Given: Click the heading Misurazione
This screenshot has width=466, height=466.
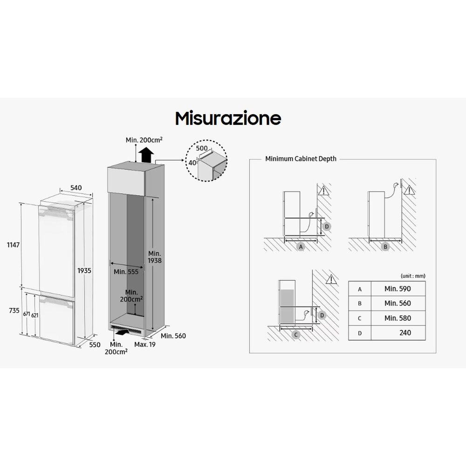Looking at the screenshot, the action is [x=228, y=118].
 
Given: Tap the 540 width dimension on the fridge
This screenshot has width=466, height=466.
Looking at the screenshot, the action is [x=76, y=188].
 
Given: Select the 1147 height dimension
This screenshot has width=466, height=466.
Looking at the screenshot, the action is [x=14, y=245].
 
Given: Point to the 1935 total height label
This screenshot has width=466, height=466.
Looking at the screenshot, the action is [x=84, y=271].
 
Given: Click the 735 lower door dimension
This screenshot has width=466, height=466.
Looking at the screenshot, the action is [x=14, y=310].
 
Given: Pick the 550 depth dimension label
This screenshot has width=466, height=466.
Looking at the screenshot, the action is [x=95, y=345].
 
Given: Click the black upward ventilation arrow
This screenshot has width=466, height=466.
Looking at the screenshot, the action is [x=146, y=155].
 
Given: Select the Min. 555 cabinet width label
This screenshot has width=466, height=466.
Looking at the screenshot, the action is [x=126, y=272].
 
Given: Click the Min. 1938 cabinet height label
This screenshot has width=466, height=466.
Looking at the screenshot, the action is [x=155, y=257].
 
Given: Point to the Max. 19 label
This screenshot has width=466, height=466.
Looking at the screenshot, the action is [x=145, y=344].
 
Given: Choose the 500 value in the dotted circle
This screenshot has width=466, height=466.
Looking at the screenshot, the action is [x=202, y=148].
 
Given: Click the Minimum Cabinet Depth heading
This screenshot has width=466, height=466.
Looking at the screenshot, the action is [x=301, y=159].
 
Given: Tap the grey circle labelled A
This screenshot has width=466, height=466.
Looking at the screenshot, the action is [x=301, y=247].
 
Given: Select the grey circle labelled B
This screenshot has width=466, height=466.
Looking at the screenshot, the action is [x=385, y=247].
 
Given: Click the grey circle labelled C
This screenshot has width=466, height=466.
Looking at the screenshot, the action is [x=296, y=335].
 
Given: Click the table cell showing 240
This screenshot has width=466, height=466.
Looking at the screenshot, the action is [x=398, y=333].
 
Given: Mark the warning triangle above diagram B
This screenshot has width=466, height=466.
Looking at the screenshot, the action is [x=409, y=190].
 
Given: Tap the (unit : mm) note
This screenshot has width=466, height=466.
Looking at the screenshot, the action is [x=413, y=276].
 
